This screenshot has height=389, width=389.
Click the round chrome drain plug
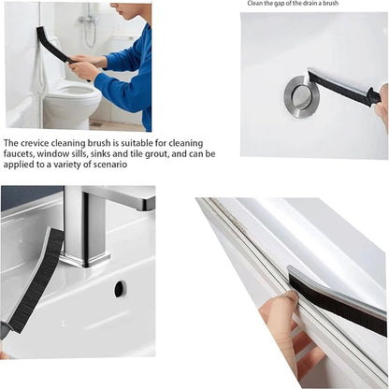tap(302, 94)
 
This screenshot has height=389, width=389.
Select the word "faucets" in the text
tap(21, 153)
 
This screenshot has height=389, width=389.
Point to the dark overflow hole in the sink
tap(120, 289)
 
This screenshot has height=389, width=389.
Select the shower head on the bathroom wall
tap(87, 20)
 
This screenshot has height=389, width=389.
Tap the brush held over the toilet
tap(53, 44)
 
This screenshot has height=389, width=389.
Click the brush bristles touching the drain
tap(337, 86)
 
